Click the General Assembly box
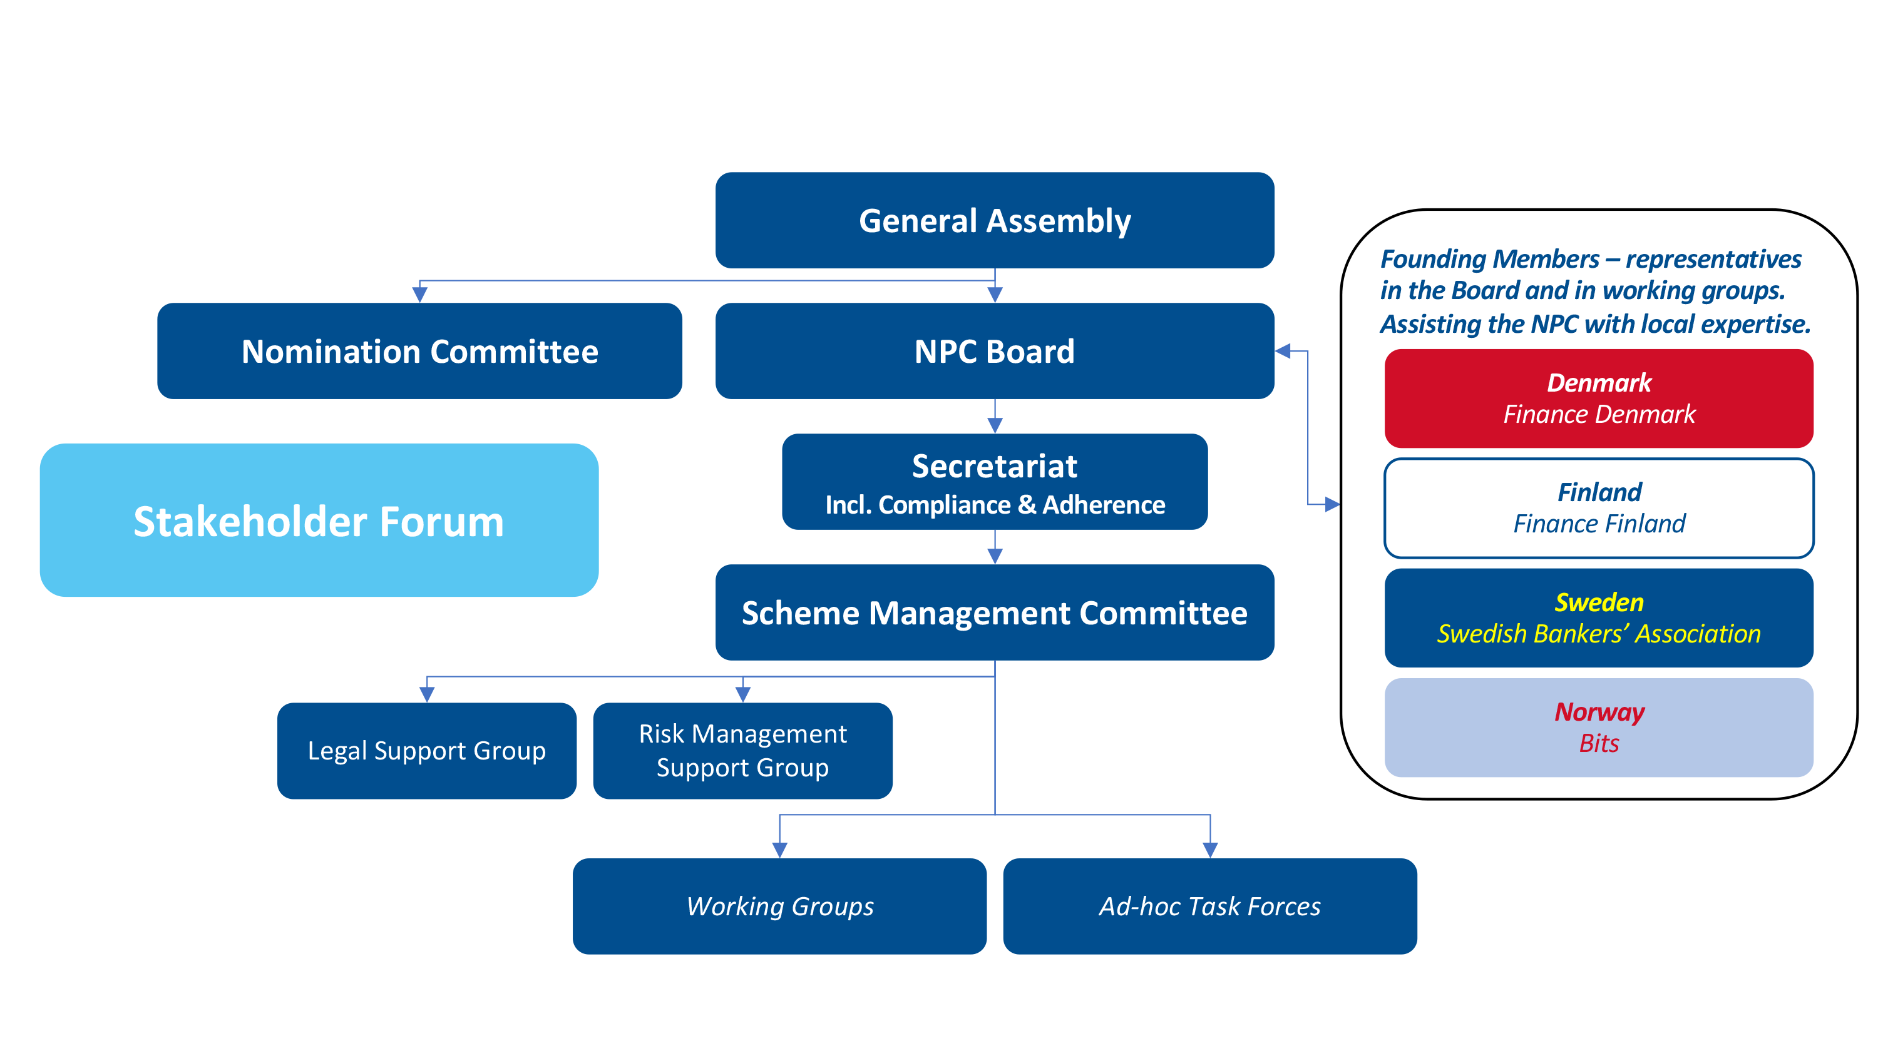[995, 220]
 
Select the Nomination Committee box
[419, 352]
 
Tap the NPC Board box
[995, 352]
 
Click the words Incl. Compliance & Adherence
[995, 505]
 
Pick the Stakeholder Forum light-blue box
[319, 520]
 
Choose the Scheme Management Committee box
[995, 612]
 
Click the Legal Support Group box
[426, 751]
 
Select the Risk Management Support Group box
[742, 751]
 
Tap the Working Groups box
[779, 906]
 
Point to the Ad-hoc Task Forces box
[1209, 906]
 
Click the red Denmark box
[1598, 398]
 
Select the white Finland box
[1598, 508]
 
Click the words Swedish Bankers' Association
[1598, 634]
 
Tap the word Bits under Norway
[1598, 743]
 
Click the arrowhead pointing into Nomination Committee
[420, 295]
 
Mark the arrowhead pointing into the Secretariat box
[995, 425]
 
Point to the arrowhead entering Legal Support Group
[427, 694]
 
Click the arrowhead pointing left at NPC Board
[1283, 352]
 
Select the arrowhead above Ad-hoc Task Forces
[1210, 850]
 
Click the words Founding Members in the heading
[1489, 260]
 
